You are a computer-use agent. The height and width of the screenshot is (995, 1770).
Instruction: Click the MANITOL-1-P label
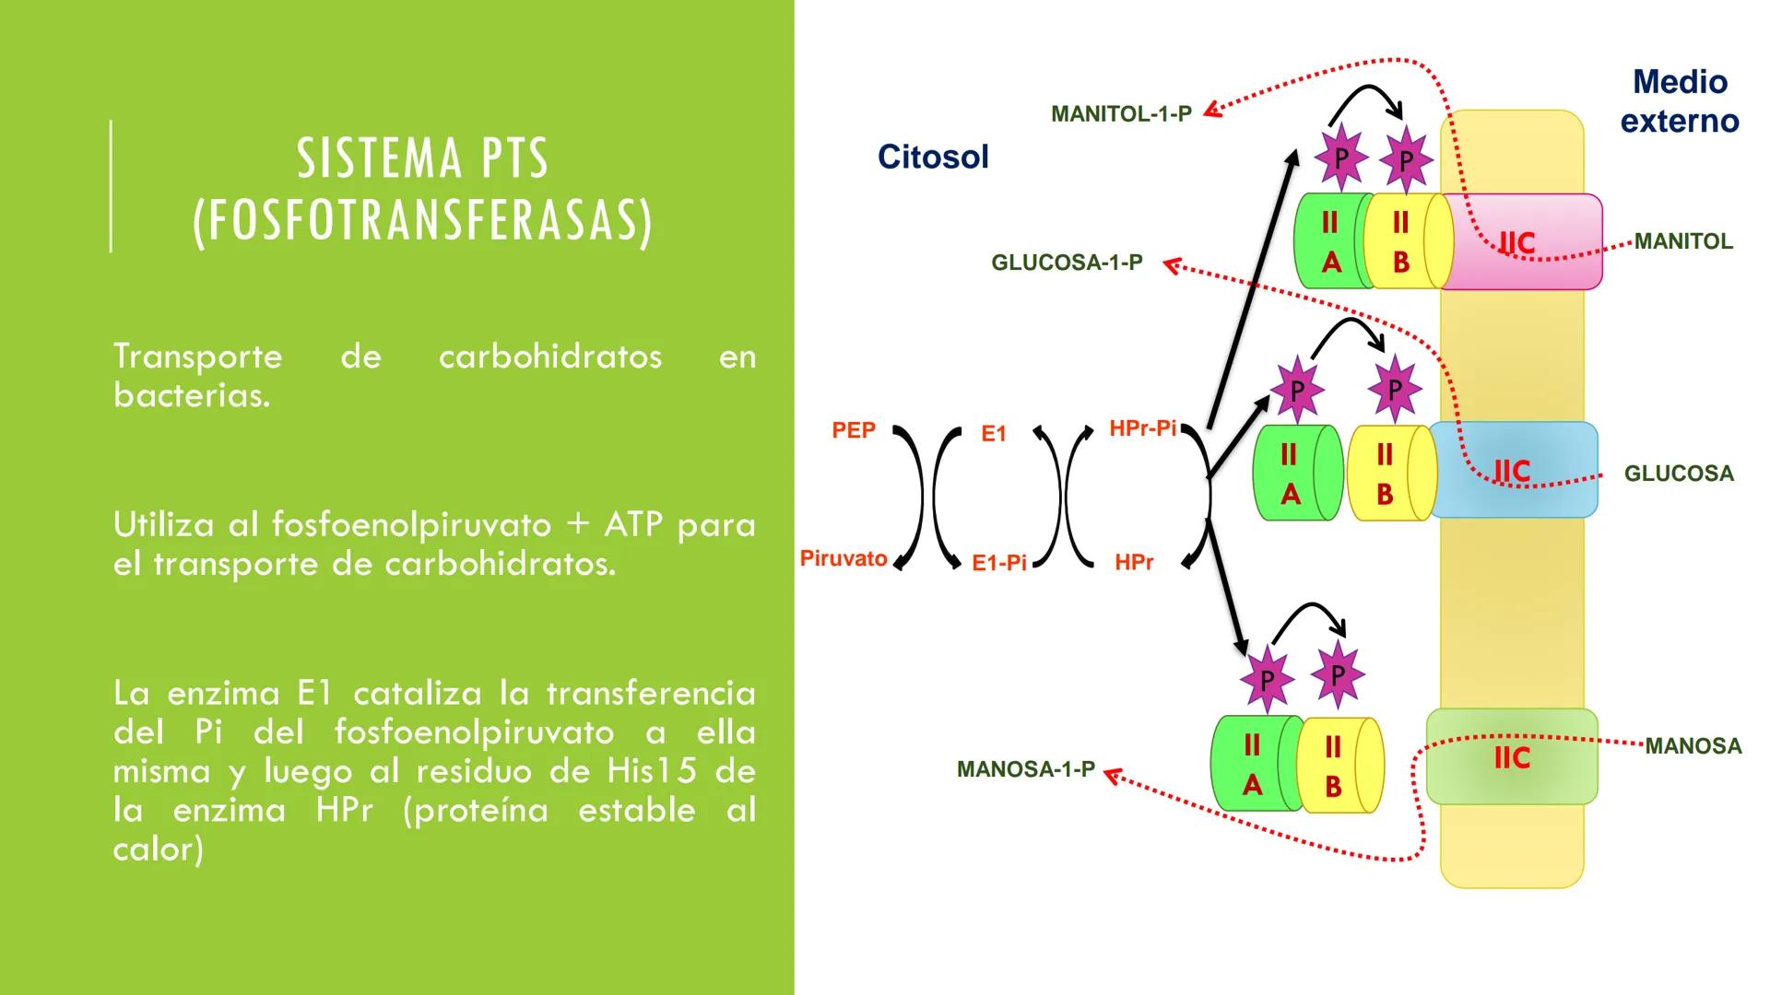pyautogui.click(x=1121, y=114)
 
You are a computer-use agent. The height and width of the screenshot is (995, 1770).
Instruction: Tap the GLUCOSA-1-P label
pyautogui.click(x=1067, y=263)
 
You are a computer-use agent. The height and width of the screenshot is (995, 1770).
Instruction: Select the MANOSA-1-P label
pyautogui.click(x=1025, y=769)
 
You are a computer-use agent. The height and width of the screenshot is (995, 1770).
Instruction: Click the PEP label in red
pyautogui.click(x=854, y=430)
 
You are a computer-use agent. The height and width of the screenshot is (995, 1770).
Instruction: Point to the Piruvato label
pyautogui.click(x=844, y=558)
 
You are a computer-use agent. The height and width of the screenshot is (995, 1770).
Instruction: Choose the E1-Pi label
pyautogui.click(x=999, y=563)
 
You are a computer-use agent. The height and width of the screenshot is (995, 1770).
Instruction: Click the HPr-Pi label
pyautogui.click(x=1142, y=428)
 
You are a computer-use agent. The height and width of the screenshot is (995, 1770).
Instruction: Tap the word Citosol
pyautogui.click(x=933, y=157)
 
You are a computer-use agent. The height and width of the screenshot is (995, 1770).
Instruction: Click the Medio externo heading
pyautogui.click(x=1680, y=101)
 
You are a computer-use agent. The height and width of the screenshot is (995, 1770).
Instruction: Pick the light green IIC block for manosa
pyautogui.click(x=1512, y=757)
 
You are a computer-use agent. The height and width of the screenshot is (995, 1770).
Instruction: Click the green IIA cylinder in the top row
pyautogui.click(x=1329, y=242)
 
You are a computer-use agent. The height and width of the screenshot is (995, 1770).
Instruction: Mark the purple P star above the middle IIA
pyautogui.click(x=1297, y=391)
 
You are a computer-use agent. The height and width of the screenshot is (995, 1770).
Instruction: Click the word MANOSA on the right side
pyautogui.click(x=1693, y=746)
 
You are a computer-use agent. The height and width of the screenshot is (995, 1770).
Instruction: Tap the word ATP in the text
pyautogui.click(x=632, y=524)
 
